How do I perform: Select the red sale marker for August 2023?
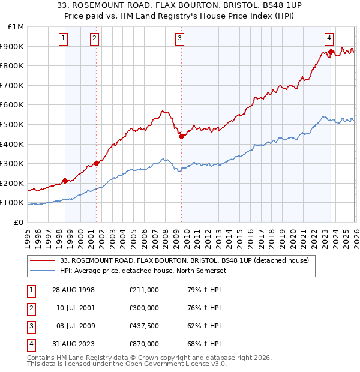331,52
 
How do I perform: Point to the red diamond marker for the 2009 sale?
181,136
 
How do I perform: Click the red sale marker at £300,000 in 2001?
96,163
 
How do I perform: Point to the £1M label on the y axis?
16,27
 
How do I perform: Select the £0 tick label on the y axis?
18,222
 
